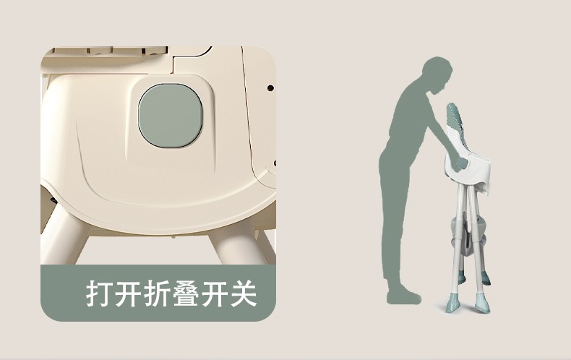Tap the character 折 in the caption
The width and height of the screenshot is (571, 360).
(x=158, y=293)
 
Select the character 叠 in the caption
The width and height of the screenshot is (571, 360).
(x=186, y=293)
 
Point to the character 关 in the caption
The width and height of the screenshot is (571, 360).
(x=244, y=293)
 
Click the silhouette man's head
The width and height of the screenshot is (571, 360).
(x=438, y=76)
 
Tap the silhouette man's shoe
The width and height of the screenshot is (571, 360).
(x=404, y=297)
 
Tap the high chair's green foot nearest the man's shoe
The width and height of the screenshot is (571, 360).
(x=452, y=302)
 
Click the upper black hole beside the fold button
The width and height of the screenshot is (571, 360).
(x=270, y=87)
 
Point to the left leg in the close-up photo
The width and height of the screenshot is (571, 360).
(x=66, y=236)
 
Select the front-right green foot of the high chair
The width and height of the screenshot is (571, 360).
(x=481, y=302)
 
